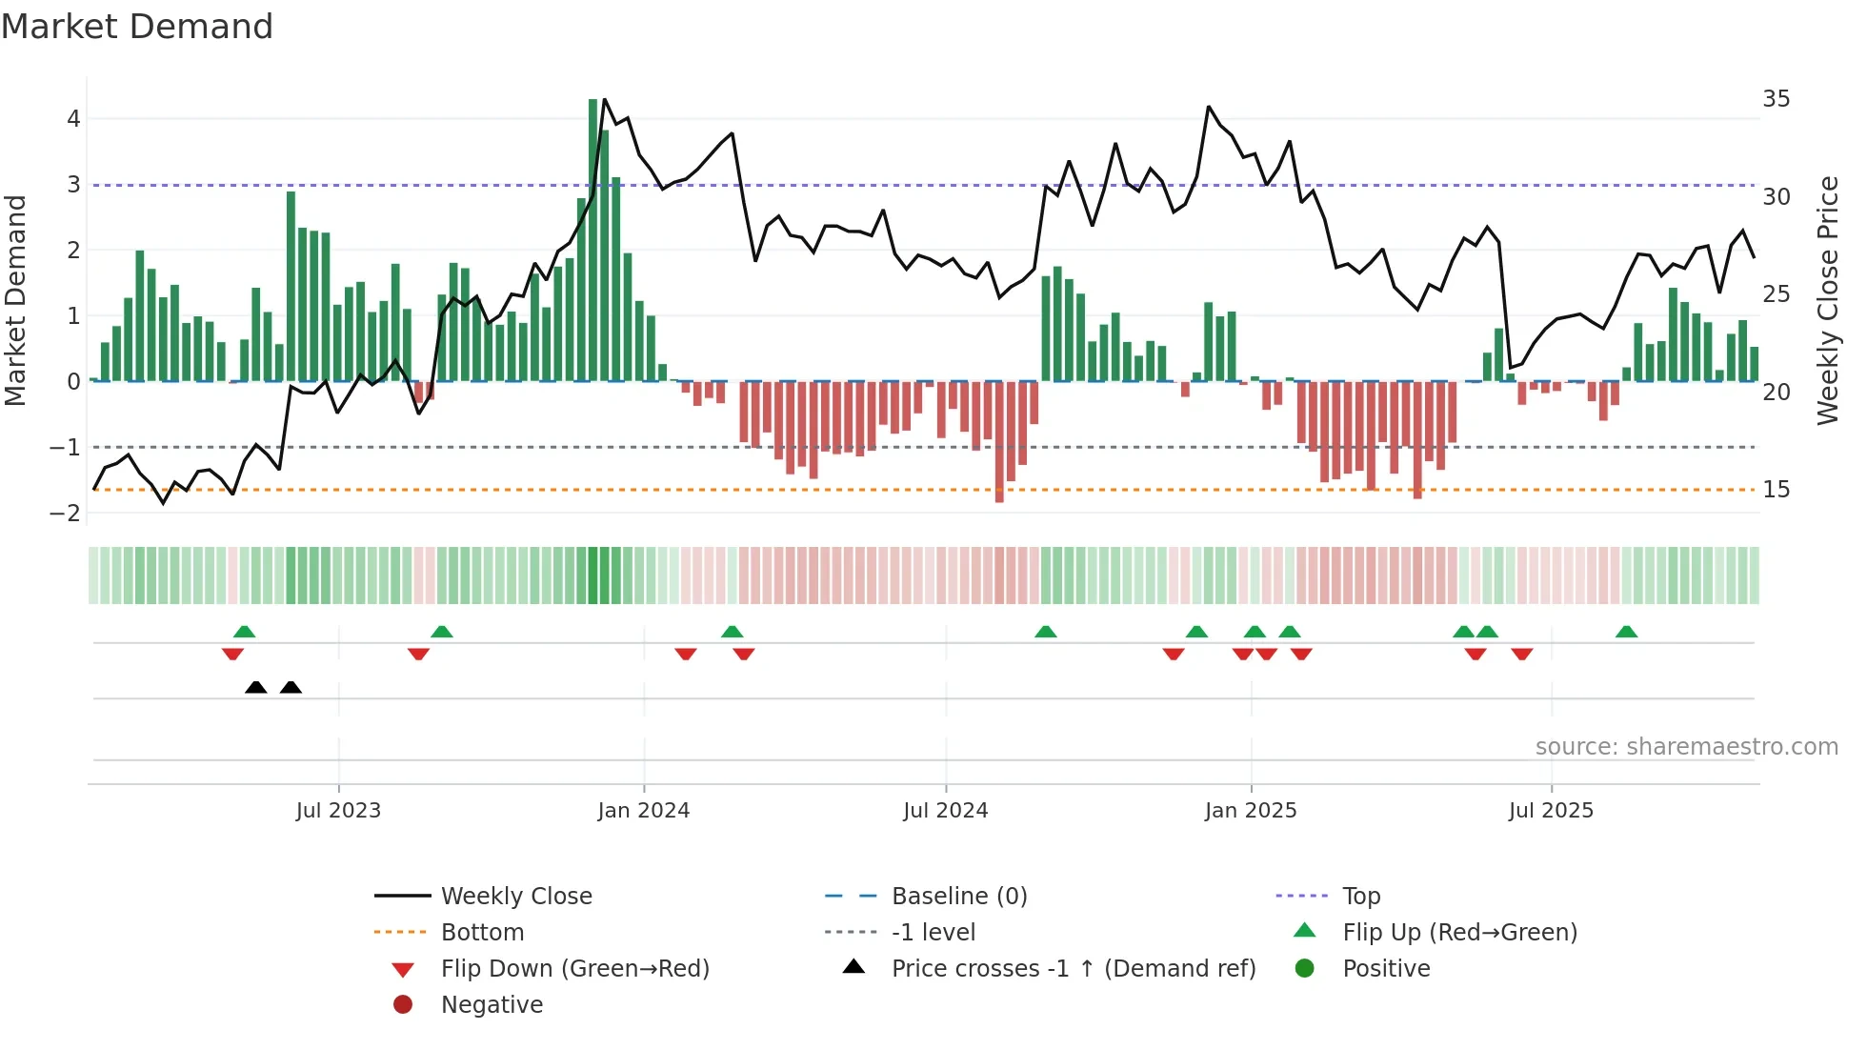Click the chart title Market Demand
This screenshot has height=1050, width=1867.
[x=137, y=27]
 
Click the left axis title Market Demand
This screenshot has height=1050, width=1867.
[x=16, y=300]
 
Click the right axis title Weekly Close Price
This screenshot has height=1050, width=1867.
[x=1828, y=300]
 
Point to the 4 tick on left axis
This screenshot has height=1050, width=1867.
[x=73, y=119]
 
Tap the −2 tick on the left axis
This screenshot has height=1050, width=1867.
[x=66, y=514]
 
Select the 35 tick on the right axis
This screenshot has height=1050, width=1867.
[x=1776, y=99]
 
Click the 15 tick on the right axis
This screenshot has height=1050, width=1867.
[x=1776, y=490]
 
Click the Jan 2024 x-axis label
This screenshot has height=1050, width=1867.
[x=643, y=811]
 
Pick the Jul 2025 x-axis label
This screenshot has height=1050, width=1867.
[x=1550, y=811]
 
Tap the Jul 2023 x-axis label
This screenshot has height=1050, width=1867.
[x=338, y=811]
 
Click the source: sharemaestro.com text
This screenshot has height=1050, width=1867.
[x=1686, y=747]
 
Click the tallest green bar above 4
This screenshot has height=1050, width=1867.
[x=593, y=238]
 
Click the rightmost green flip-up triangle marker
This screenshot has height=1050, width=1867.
[x=1626, y=632]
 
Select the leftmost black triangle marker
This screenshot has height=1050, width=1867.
[x=255, y=688]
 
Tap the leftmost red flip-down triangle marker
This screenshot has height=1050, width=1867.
[x=232, y=654]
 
